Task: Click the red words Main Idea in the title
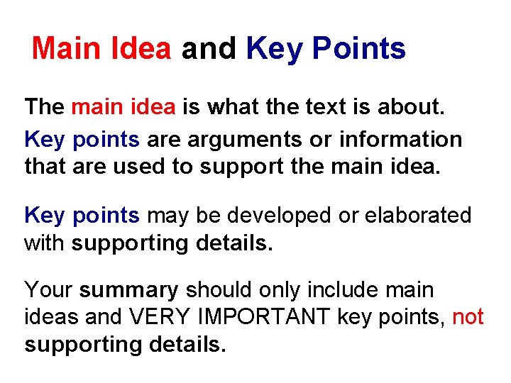pyautogui.click(x=101, y=49)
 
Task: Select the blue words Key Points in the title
pyautogui.click(x=326, y=49)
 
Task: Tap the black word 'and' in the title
pyautogui.click(x=209, y=49)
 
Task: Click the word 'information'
pyautogui.click(x=401, y=139)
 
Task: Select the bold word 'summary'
pyautogui.click(x=128, y=291)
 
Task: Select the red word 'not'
pyautogui.click(x=468, y=317)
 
